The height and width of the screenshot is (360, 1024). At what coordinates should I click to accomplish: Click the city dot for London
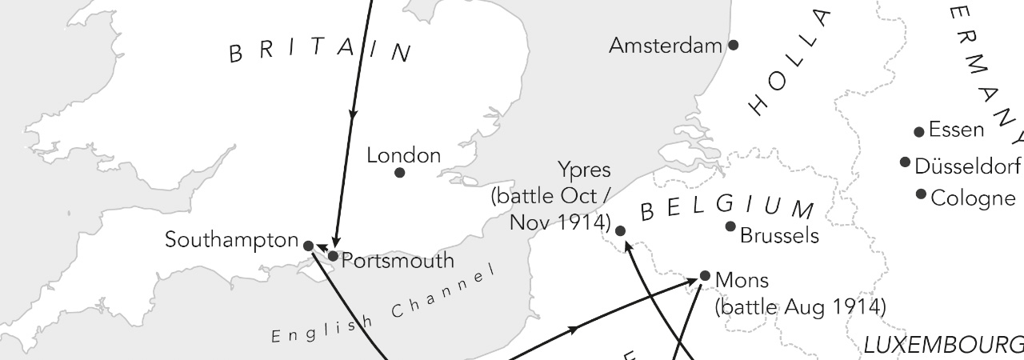point(400,172)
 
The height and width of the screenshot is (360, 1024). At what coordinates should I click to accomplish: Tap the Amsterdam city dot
point(733,45)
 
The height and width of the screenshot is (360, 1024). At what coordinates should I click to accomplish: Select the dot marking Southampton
point(309,246)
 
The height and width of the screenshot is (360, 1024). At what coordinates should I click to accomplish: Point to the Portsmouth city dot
point(334,256)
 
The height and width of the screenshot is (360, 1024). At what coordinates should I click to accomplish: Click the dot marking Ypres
point(620,230)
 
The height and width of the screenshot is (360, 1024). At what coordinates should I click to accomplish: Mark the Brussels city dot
point(730,226)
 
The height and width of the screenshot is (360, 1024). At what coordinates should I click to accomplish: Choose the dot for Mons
point(705,276)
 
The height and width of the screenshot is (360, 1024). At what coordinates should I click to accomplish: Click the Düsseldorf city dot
point(905,162)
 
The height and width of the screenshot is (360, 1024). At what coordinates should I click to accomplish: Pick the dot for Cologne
point(921,194)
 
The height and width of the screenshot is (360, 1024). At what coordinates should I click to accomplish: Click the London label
point(403,155)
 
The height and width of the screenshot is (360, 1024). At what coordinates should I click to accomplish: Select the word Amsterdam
point(666,46)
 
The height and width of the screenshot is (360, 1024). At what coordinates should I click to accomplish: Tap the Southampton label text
point(231,239)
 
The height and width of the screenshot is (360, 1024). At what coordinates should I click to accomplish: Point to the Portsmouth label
point(398,261)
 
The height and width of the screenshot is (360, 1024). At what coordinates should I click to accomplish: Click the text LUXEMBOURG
point(942,346)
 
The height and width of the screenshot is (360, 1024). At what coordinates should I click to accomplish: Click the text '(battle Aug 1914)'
point(800,306)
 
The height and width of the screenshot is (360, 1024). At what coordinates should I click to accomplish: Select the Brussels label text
point(780,235)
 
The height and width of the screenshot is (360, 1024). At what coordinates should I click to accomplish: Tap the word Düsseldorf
point(967,166)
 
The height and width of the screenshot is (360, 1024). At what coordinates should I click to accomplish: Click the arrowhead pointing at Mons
point(694,281)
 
